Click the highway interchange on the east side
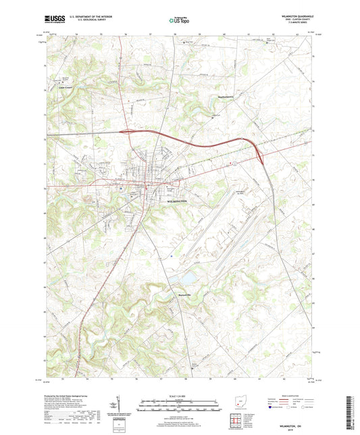[x=259, y=155]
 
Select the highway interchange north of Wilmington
[x=126, y=132]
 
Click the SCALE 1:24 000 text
[x=180, y=395]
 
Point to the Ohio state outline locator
[x=236, y=404]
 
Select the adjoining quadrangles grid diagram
[x=237, y=423]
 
